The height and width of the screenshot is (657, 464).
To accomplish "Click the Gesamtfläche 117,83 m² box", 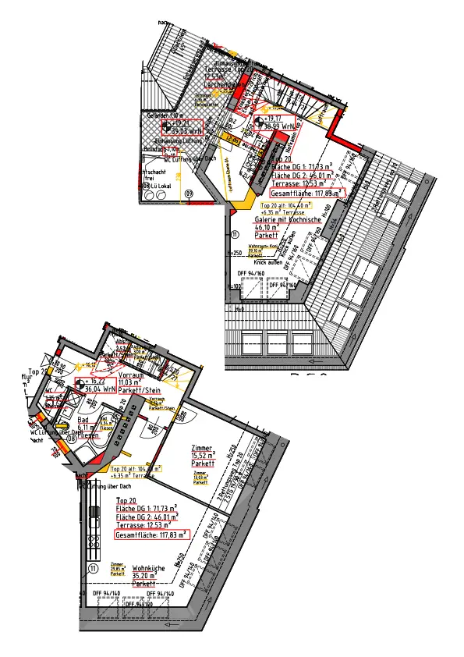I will [x=151, y=534].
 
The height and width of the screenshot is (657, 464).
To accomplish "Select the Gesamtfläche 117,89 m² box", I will [x=306, y=192].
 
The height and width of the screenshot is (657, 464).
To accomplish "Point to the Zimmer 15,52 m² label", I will [x=204, y=455].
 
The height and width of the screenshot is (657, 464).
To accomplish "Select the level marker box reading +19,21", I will [x=182, y=128].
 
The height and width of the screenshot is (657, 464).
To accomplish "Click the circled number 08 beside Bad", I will [x=72, y=439].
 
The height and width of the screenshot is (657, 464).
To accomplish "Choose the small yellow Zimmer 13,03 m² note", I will [x=200, y=476].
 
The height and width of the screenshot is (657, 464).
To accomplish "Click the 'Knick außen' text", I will [x=269, y=262].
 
